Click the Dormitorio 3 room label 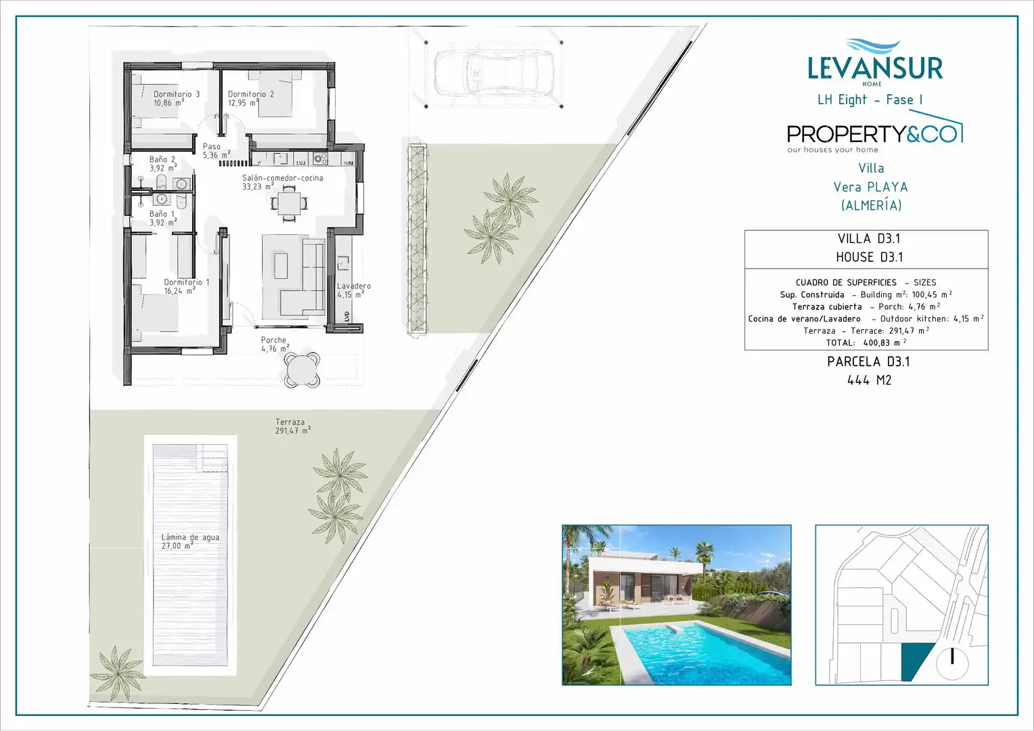coord(177,98)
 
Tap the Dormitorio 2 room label coord(250,98)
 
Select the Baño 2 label coord(163,164)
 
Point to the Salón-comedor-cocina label coord(282,182)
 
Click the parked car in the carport coord(494,73)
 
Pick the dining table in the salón coord(289,202)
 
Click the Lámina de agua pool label coord(190,541)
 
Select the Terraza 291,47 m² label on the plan coord(293,426)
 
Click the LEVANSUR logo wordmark coord(875,68)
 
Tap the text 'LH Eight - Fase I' coord(870,99)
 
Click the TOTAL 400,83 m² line coord(866,342)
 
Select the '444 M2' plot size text coord(869,380)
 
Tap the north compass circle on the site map coord(952,664)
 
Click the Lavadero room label coord(354,290)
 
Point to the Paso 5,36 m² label coord(216,150)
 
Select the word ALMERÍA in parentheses coord(871,206)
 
